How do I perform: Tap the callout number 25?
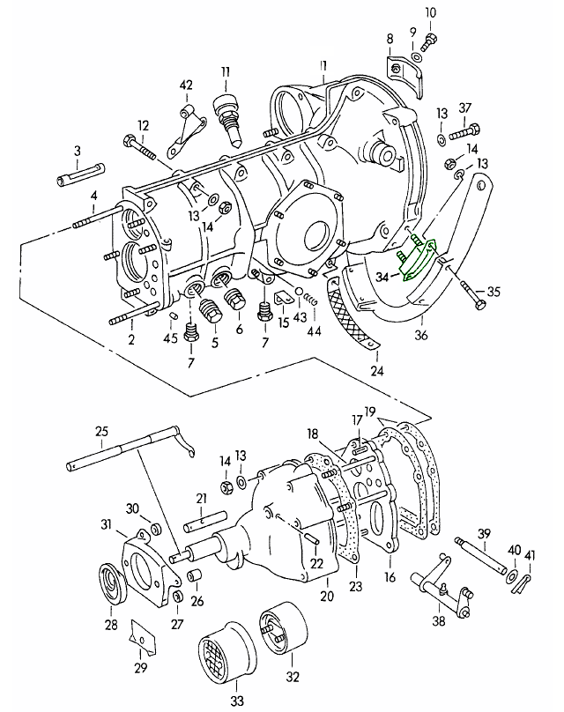coord(102,431)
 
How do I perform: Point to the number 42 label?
coord(186,85)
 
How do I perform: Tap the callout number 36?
coord(421,336)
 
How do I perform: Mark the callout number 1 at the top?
coord(323,65)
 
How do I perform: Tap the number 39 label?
coord(484,534)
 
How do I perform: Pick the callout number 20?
coord(328,596)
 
